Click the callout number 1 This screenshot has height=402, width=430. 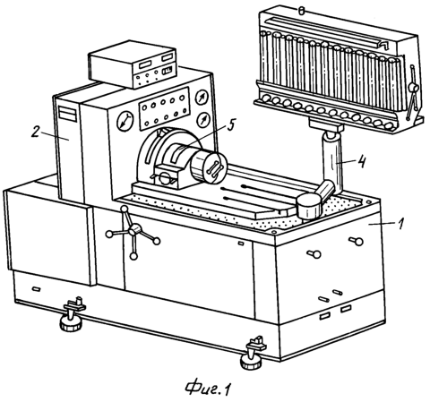pyautogui.click(x=400, y=224)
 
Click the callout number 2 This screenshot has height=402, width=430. pyautogui.click(x=36, y=132)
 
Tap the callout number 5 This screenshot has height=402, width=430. pyautogui.click(x=230, y=124)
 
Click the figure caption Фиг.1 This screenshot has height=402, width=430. pyautogui.click(x=208, y=388)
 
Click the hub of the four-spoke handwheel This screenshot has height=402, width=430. pyautogui.click(x=135, y=230)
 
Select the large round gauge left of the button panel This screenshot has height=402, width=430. pyautogui.click(x=125, y=122)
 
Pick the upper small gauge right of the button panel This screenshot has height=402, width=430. pyautogui.click(x=202, y=98)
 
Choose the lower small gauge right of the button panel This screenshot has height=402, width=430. pyautogui.click(x=203, y=121)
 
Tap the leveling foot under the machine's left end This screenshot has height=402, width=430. pyautogui.click(x=71, y=315)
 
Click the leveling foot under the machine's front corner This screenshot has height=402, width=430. pyautogui.click(x=253, y=354)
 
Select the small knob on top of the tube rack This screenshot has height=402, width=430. pyautogui.click(x=301, y=12)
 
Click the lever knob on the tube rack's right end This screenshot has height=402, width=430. pyautogui.click(x=414, y=88)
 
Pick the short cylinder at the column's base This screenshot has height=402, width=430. pyautogui.click(x=309, y=206)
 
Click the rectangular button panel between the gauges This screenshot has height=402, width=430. pyautogui.click(x=165, y=108)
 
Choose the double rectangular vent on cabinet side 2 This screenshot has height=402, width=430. pyautogui.click(x=68, y=113)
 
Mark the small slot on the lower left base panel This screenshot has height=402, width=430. pyautogui.click(x=37, y=289)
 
